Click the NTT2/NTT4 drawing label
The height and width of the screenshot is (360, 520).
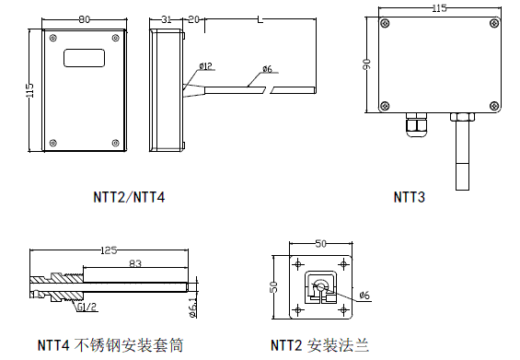[130, 197]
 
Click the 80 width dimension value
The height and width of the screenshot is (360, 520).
[84, 17]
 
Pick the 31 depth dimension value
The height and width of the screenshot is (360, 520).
[167, 17]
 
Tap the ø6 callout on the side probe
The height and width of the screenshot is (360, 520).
[266, 69]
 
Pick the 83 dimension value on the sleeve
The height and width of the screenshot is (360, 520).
[135, 264]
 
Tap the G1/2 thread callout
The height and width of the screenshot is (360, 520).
[87, 308]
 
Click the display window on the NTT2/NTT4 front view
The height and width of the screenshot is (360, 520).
[84, 58]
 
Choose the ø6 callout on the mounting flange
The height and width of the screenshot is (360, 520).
[364, 295]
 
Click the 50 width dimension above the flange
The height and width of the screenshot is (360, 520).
[320, 244]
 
